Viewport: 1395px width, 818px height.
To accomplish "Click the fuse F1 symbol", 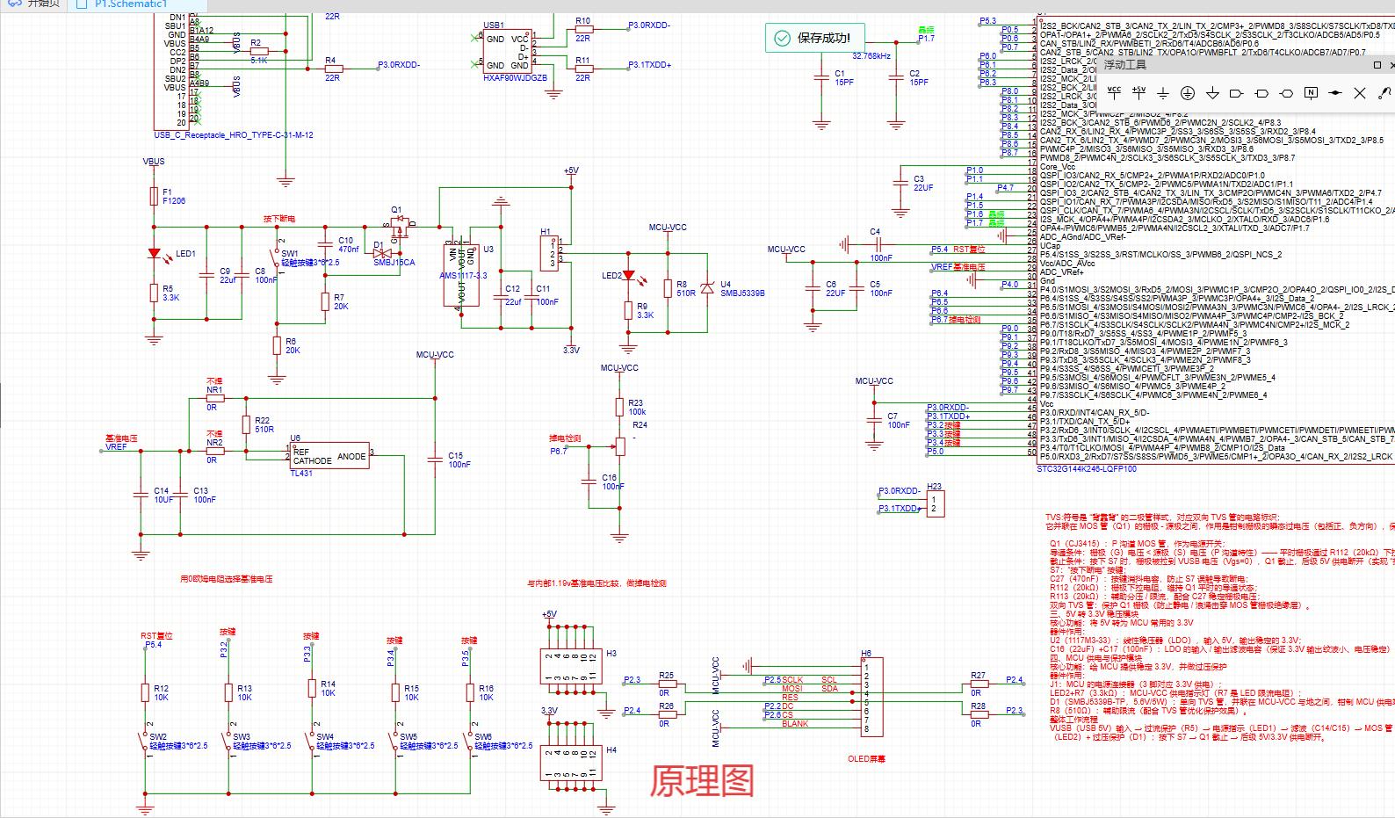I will (x=154, y=197).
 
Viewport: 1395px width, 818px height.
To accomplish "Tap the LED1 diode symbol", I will (x=155, y=254).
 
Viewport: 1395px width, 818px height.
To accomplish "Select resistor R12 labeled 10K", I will (x=145, y=692).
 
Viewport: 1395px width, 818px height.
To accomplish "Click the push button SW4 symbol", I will (x=312, y=742).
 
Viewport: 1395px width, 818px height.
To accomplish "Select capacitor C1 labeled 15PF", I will (x=821, y=78).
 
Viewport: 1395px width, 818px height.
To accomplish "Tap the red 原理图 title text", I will (x=702, y=780).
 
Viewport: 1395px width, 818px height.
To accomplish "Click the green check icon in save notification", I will (x=781, y=38).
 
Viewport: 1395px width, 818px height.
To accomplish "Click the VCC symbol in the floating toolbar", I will (x=1114, y=91).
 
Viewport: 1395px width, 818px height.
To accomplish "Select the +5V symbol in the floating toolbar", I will (x=1138, y=91).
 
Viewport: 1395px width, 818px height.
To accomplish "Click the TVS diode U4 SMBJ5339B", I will (x=708, y=288).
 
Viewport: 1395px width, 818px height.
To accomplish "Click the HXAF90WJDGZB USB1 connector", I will (x=507, y=52).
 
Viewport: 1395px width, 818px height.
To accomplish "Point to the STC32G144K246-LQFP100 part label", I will (x=1087, y=469).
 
